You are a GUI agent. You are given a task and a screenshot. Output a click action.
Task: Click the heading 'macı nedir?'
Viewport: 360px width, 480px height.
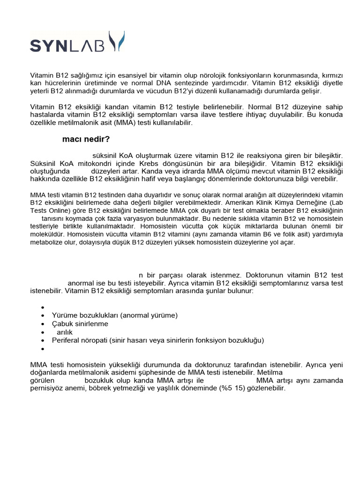(87, 139)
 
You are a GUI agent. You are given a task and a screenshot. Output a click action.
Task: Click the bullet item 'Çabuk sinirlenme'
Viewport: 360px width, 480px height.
(80, 324)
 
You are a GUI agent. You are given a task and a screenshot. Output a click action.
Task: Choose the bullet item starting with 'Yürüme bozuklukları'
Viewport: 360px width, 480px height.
(115, 315)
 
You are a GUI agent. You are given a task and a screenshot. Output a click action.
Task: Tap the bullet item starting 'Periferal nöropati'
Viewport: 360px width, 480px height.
(158, 340)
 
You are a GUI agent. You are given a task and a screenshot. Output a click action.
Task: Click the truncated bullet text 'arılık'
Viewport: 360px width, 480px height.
(65, 332)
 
